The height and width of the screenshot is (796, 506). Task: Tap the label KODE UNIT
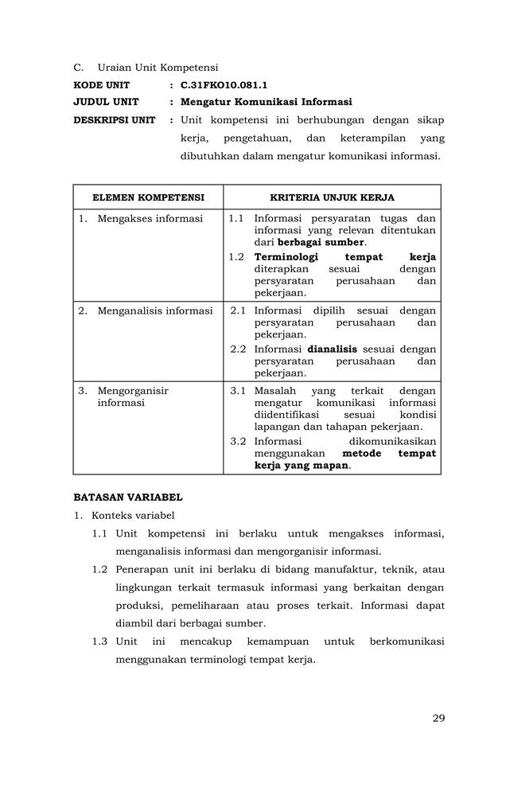click(101, 84)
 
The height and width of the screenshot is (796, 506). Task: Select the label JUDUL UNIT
click(106, 102)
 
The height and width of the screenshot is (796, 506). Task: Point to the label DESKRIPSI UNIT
click(115, 120)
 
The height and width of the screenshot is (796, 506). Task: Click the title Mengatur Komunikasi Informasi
click(266, 102)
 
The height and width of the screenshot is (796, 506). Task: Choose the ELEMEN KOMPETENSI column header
click(148, 197)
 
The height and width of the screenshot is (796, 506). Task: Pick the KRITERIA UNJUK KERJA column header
click(332, 197)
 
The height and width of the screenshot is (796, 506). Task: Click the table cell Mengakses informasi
click(150, 218)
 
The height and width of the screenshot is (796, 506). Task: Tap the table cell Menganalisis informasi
click(154, 310)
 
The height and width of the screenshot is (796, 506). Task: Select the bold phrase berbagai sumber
click(321, 242)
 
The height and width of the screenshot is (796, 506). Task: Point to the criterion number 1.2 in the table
click(236, 257)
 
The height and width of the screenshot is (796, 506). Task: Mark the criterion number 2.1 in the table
click(238, 310)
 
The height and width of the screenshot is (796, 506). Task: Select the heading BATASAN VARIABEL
click(127, 497)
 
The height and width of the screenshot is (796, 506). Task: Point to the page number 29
click(438, 718)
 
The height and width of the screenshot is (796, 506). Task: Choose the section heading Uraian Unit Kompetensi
click(158, 67)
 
